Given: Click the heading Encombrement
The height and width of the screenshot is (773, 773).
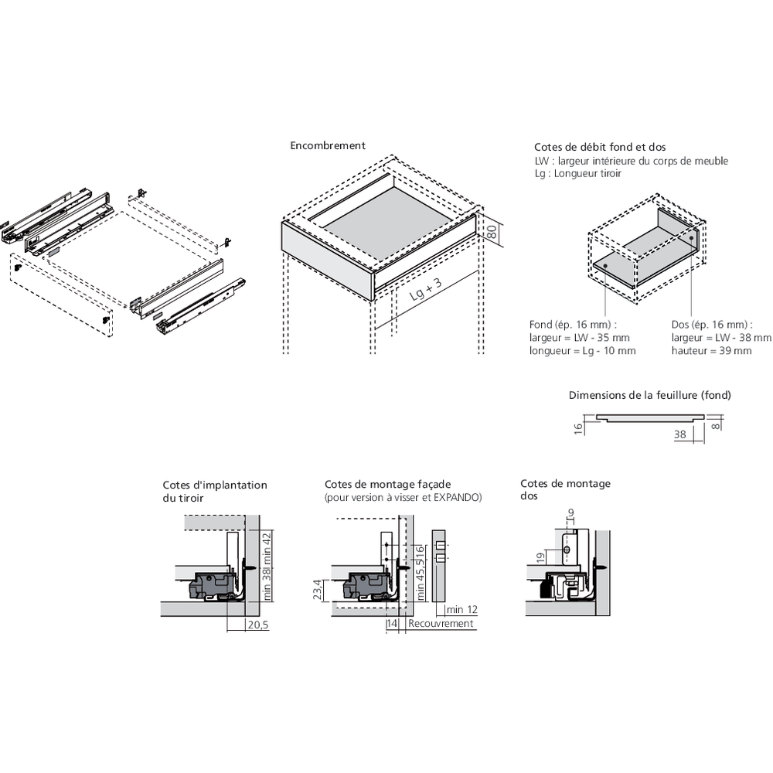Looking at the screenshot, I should [x=328, y=145].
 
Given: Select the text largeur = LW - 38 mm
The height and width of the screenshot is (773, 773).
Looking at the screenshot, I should [x=721, y=338].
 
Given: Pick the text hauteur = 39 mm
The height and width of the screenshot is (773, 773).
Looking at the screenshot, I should [x=711, y=351].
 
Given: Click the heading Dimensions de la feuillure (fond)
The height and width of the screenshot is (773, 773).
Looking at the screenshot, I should [x=649, y=395].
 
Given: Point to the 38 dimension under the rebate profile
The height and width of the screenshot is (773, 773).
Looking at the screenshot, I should [x=680, y=434].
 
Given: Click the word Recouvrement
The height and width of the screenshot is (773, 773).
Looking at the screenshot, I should [x=441, y=624].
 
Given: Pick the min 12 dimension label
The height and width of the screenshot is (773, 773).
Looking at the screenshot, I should [x=461, y=610].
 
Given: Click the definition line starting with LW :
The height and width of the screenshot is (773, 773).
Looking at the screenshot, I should [x=631, y=161].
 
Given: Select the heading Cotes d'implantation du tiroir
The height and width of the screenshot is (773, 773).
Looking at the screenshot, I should [x=214, y=492].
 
